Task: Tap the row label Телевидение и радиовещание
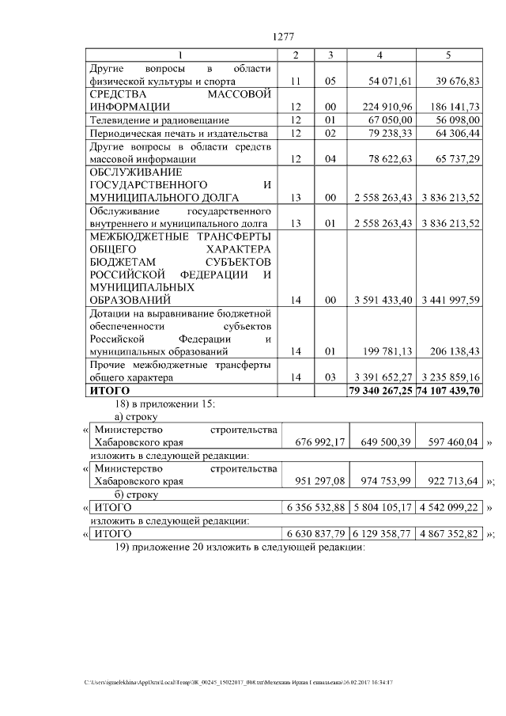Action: pyautogui.click(x=160, y=119)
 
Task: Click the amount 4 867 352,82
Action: pyautogui.click(x=450, y=534)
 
